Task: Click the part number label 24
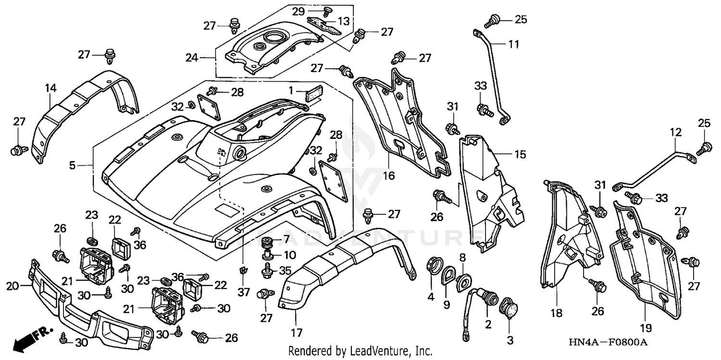(192, 58)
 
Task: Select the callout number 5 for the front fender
(72, 166)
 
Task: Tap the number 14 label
(51, 88)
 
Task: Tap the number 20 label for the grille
(12, 286)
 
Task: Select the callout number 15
(520, 155)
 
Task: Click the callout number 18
(557, 313)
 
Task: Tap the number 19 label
(646, 328)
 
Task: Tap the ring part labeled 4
(431, 265)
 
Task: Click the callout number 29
(311, 11)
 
